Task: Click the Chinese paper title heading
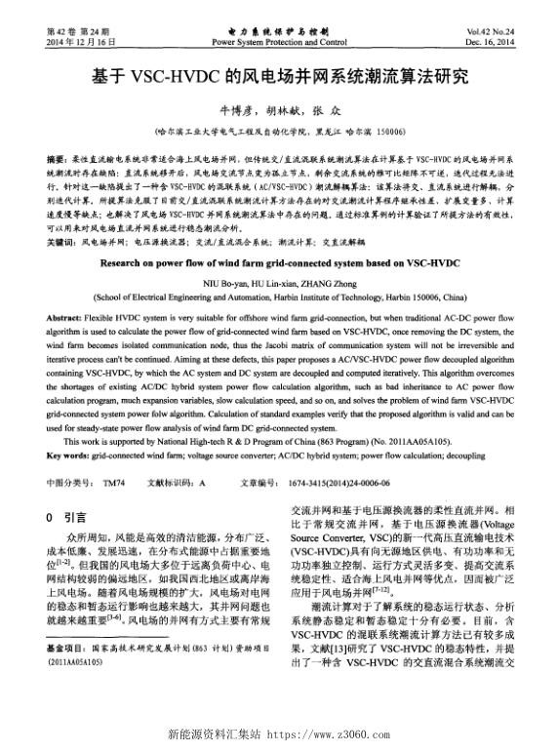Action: (x=279, y=75)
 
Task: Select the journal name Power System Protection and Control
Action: (x=279, y=43)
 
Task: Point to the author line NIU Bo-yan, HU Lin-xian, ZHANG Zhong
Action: (x=279, y=281)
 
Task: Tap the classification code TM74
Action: (x=113, y=481)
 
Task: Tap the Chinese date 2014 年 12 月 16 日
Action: (x=81, y=43)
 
